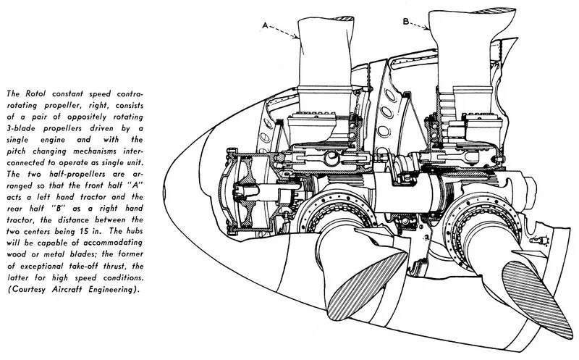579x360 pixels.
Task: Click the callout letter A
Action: point(265,25)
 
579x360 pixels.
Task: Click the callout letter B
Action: point(406,22)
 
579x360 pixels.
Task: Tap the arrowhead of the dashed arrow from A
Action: point(296,37)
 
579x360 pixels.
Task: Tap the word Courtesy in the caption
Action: point(30,289)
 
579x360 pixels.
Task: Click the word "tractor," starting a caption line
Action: point(22,220)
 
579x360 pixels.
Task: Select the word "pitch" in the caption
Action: point(17,151)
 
